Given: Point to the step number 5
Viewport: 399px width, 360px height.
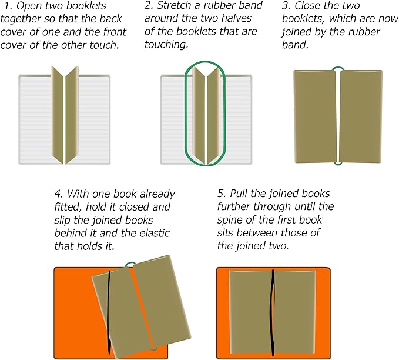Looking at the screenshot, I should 220,194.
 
